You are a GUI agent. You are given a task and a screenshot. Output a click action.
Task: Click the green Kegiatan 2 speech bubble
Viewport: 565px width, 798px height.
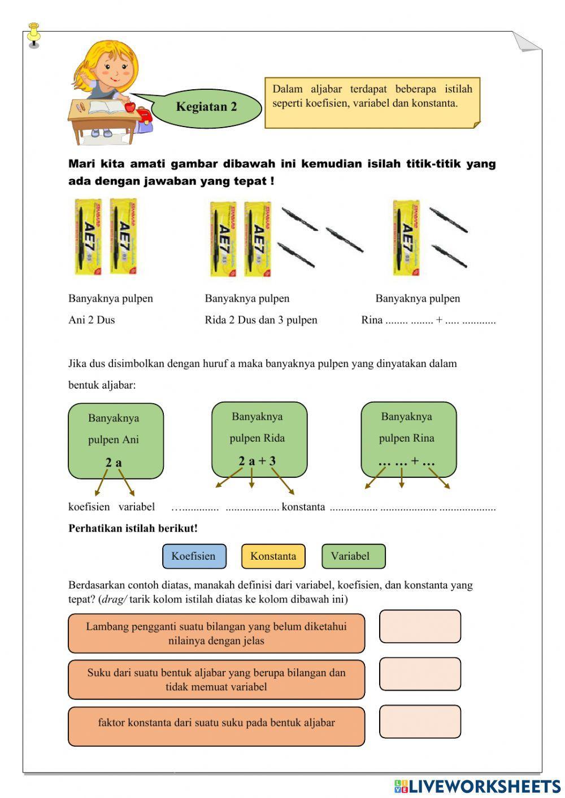coord(206,107)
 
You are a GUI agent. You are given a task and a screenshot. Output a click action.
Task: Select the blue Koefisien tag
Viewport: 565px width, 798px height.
coord(194,556)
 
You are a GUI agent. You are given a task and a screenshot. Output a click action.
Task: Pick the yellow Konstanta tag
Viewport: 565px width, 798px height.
coord(273,556)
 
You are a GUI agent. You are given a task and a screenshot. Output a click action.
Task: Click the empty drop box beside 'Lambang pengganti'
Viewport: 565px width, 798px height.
coord(420,626)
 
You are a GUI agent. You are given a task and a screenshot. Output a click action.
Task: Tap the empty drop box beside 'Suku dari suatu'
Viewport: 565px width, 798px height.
coord(420,674)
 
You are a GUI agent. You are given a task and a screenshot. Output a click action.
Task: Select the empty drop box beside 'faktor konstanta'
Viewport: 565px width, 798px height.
coord(420,721)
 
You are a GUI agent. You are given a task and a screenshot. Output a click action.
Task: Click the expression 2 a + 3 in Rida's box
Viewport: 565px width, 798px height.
coord(257,461)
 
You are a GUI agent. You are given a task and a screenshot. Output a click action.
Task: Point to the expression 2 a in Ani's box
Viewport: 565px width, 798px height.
coord(114,463)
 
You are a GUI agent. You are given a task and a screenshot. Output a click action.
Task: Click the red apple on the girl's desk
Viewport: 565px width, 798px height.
coord(130,106)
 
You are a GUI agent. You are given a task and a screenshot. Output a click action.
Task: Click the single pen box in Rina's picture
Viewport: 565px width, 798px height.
coord(406,237)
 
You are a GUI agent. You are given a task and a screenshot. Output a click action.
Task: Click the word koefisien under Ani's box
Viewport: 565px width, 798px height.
coord(89,507)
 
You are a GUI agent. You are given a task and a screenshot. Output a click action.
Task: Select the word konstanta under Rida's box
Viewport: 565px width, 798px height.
coord(303,507)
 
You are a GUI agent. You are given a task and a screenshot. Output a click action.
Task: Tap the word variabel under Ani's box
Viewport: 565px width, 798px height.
coord(136,507)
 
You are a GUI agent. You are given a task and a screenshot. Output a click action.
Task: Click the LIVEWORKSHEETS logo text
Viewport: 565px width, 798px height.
coord(484,786)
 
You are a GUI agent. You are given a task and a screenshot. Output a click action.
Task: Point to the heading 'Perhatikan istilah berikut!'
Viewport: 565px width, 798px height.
coord(133,529)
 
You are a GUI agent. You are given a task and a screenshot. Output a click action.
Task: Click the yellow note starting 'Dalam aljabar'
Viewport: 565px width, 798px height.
coord(372,102)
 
